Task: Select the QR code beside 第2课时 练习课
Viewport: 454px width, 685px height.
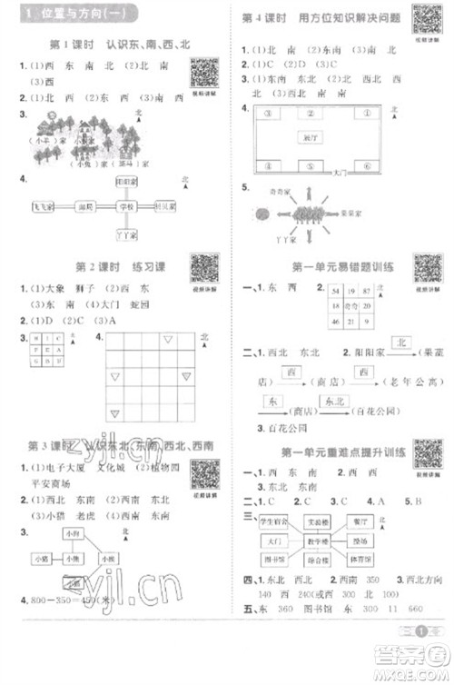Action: click(206, 268)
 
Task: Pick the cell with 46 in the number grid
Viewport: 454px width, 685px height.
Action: click(335, 322)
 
